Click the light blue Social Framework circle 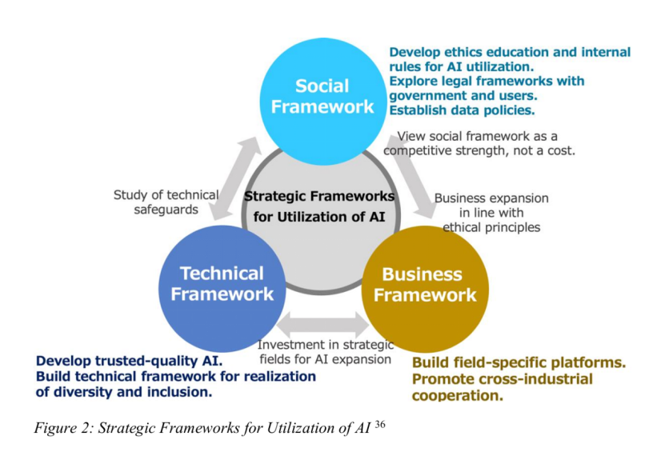[322, 101]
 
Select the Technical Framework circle [222, 289]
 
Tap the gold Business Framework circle [425, 289]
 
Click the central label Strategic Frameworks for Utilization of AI [319, 206]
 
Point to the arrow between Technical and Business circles [322, 325]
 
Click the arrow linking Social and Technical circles [237, 178]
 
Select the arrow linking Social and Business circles [412, 175]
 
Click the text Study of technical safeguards [166, 202]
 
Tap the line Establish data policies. [462, 110]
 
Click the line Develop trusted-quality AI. [129, 361]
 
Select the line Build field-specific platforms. [519, 362]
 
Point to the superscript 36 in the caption [380, 424]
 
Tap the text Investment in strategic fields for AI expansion [325, 352]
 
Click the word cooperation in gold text [457, 396]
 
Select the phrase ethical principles [491, 227]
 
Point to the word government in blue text [427, 96]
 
